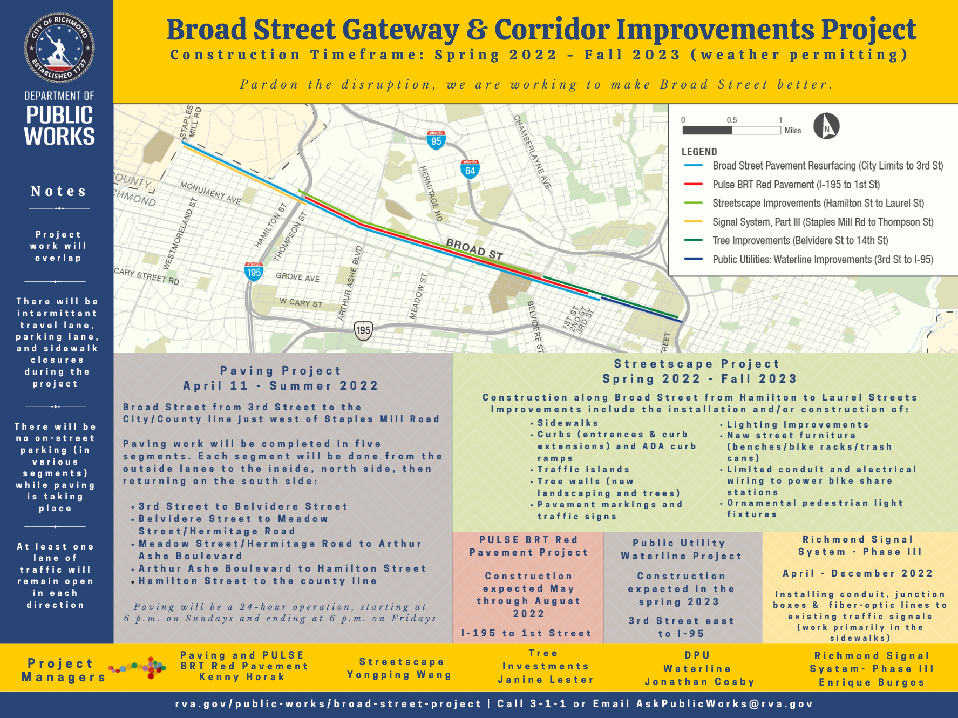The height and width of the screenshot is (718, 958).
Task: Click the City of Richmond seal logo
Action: tap(59, 48)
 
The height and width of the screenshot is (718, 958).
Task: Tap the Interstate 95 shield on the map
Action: tap(436, 140)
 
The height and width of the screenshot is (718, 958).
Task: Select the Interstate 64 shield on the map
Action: tap(470, 170)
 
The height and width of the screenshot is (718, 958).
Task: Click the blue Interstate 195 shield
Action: tap(254, 271)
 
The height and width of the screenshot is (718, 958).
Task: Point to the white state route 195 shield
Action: tap(363, 330)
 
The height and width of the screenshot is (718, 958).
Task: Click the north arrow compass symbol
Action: tap(826, 126)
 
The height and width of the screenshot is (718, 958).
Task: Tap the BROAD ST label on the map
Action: tap(474, 249)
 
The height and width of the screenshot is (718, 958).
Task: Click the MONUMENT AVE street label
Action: tap(210, 193)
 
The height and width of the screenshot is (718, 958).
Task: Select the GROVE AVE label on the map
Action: tap(298, 277)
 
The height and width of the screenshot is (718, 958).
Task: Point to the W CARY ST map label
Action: tap(301, 302)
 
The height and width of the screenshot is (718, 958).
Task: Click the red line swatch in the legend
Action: tap(693, 185)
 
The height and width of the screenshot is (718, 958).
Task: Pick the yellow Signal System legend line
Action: tap(693, 222)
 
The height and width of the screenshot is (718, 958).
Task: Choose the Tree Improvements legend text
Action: tap(800, 241)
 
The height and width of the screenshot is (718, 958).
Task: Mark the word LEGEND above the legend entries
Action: tap(699, 152)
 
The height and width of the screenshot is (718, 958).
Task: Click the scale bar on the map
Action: tap(731, 130)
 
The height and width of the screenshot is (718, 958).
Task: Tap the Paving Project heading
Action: tap(281, 371)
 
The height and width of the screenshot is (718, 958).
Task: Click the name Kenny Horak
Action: tap(242, 677)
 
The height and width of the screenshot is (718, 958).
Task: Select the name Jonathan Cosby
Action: tap(699, 682)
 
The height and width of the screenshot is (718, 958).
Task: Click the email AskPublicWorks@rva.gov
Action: tap(724, 704)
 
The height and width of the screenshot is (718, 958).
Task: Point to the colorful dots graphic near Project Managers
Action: tap(138, 668)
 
